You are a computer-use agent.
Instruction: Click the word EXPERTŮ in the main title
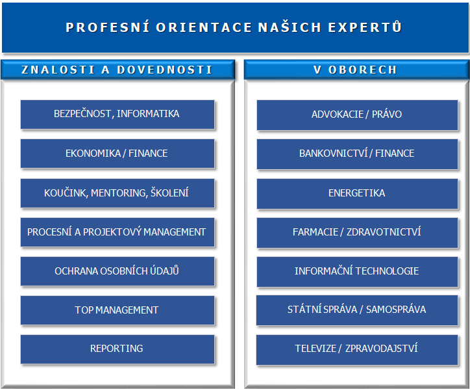point(365,27)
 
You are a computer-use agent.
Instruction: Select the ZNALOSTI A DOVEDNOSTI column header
point(117,70)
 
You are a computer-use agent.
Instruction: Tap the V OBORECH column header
point(356,70)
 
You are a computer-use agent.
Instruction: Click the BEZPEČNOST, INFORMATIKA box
point(117,114)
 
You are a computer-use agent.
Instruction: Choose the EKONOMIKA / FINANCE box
point(117,154)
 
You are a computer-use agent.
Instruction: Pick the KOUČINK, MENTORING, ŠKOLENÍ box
point(117,193)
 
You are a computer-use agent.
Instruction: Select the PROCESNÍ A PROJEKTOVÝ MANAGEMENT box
point(117,232)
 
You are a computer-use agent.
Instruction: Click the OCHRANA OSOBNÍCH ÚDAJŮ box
point(117,271)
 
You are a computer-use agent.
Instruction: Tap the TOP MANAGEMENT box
point(117,310)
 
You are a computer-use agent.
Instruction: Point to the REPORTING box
point(117,349)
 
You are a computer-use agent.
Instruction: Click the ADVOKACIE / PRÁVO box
point(357,115)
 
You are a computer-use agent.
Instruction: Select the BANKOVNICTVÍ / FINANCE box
point(357,154)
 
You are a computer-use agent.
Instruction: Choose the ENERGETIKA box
point(357,194)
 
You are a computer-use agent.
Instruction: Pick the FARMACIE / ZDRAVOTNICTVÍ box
point(357,233)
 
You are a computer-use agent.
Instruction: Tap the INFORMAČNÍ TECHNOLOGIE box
point(357,272)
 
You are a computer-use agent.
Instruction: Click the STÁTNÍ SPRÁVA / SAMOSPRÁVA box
point(357,310)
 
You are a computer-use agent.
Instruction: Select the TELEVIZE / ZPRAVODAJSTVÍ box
point(357,350)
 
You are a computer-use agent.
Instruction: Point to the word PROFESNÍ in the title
point(107,27)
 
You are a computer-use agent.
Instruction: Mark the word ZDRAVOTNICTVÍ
point(384,232)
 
